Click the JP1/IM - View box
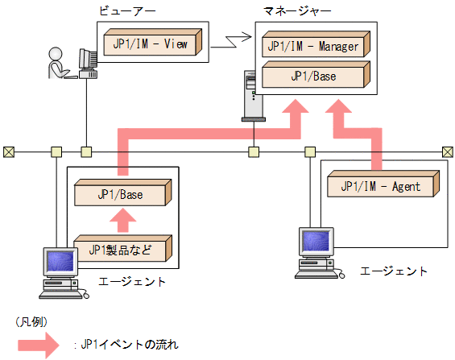pos(152,43)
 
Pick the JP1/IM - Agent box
pos(383,185)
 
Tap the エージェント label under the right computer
pos(394,271)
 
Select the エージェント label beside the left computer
pos(132,281)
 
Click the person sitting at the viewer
pos(59,64)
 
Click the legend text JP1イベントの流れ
pos(129,345)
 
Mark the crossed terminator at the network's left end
pos(8,151)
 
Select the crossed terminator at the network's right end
pos(448,151)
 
